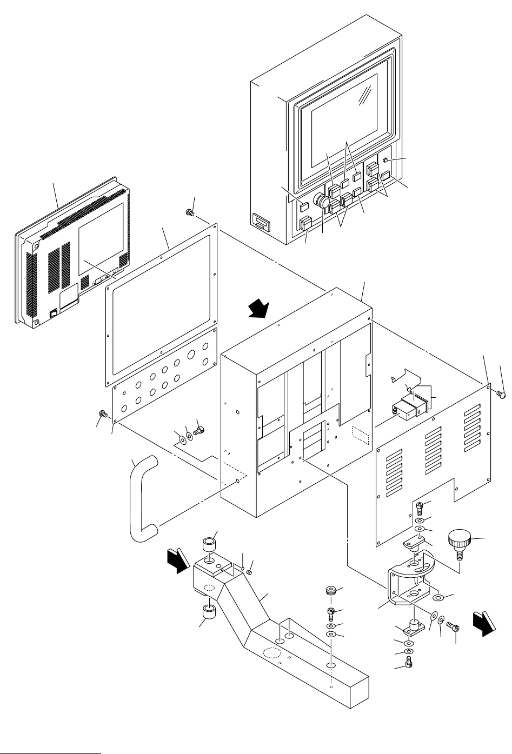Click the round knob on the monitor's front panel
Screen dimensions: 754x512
pos(323,202)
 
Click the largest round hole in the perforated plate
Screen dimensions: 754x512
pos(191,356)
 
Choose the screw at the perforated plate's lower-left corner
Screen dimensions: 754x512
pos(102,415)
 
